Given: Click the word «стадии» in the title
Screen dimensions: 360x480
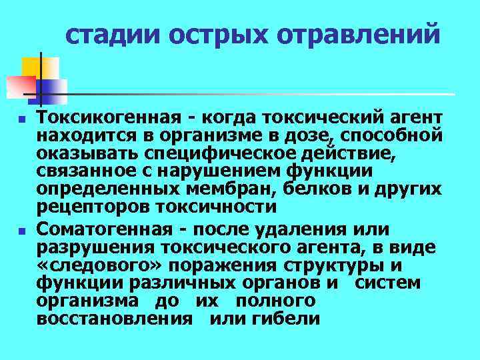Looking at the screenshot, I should pos(109,34).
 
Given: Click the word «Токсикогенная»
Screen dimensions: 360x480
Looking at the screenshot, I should pos(107,118).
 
